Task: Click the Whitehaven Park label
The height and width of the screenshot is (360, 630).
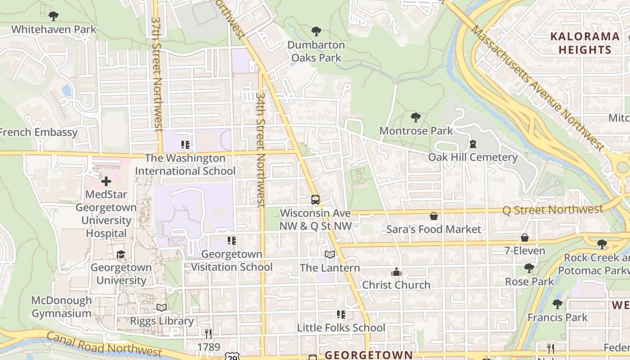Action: tap(54, 29)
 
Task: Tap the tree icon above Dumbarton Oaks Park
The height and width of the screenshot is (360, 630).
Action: tap(316, 31)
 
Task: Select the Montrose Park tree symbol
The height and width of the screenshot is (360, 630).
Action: tap(416, 117)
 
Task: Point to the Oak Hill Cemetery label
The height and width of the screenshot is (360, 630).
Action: tap(472, 157)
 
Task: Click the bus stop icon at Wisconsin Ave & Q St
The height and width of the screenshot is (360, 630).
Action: tap(315, 199)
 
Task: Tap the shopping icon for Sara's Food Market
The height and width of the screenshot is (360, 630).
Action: tap(434, 216)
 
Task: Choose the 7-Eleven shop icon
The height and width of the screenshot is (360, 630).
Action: tap(525, 238)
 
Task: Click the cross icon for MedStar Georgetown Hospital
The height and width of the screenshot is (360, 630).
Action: tap(106, 181)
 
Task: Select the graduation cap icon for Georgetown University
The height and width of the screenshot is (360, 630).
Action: tap(121, 255)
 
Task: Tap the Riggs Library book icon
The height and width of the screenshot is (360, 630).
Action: tap(162, 308)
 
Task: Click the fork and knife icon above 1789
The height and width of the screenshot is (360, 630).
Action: tap(208, 333)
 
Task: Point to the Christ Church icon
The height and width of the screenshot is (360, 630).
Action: tap(396, 272)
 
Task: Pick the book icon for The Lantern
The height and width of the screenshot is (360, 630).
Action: tap(330, 255)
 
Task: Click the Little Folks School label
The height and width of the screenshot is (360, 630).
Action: tap(341, 328)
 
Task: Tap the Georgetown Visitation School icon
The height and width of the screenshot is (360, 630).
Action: tap(232, 241)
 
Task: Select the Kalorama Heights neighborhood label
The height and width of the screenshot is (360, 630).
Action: tap(585, 43)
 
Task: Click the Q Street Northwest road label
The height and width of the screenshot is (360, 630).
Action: tap(553, 209)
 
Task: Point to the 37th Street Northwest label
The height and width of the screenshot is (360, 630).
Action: tap(157, 74)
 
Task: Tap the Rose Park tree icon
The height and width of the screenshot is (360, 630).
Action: tap(529, 268)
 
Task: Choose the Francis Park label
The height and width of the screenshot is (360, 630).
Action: tap(558, 317)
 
